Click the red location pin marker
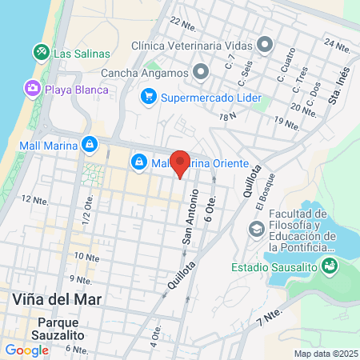click(x=181, y=163)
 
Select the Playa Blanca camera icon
click(x=33, y=89)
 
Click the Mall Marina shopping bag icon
click(x=90, y=145)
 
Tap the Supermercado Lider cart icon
click(x=148, y=98)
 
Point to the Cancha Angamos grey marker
click(x=201, y=73)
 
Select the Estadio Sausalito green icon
click(x=329, y=267)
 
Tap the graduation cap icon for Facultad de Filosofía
click(x=256, y=230)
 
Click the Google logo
click(x=26, y=350)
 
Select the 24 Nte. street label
click(x=338, y=45)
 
